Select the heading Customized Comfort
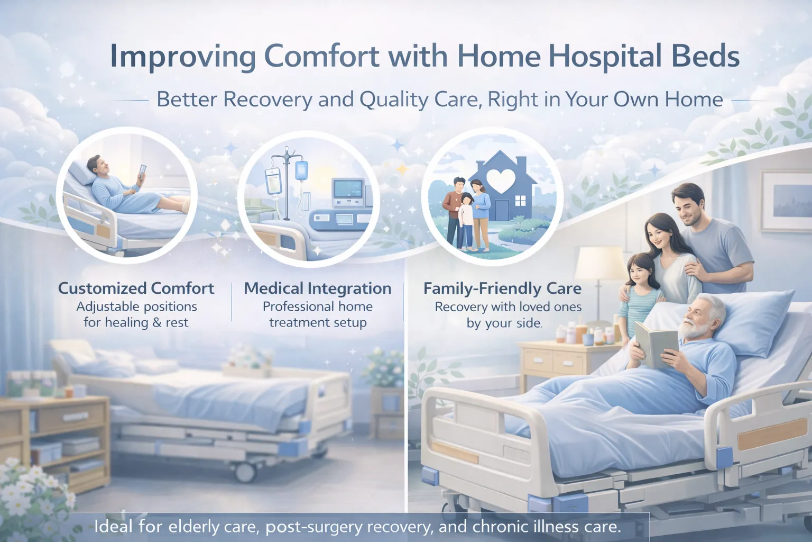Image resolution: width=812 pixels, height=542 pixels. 136,288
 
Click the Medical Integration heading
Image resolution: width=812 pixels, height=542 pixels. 318,288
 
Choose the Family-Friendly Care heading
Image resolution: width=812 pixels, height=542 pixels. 502,288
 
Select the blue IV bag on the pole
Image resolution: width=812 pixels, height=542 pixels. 301,170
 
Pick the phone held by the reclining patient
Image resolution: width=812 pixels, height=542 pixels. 142,172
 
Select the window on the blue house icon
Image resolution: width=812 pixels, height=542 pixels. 520,200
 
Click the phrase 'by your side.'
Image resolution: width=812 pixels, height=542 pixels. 504,323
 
